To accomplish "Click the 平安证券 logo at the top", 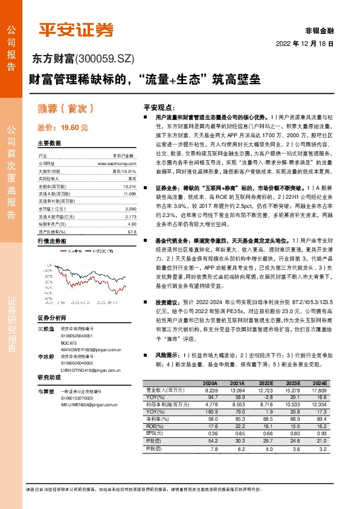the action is click(76, 28).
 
